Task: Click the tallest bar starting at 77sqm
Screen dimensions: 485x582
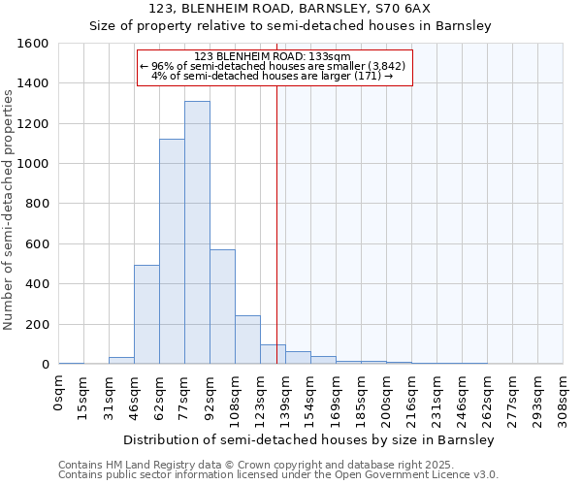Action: (197, 233)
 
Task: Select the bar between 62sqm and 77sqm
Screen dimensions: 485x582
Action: (172, 252)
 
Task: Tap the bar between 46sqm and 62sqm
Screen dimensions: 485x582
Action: (146, 315)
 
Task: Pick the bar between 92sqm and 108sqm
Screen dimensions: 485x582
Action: (222, 306)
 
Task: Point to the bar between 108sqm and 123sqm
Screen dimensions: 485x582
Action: (247, 339)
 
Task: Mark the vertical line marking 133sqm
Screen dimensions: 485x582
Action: (276, 223)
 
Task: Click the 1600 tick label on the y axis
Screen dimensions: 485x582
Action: (34, 44)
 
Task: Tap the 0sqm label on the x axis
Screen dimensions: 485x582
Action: (59, 393)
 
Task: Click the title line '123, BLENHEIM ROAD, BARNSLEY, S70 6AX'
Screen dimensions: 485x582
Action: (291, 9)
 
